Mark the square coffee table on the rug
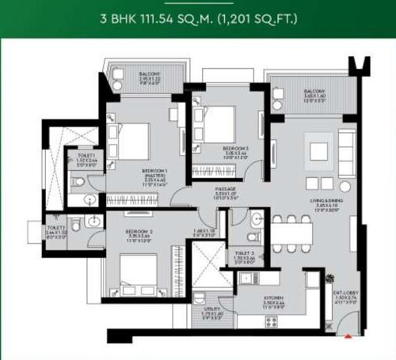pos(318,150)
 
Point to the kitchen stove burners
pos(246,278)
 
